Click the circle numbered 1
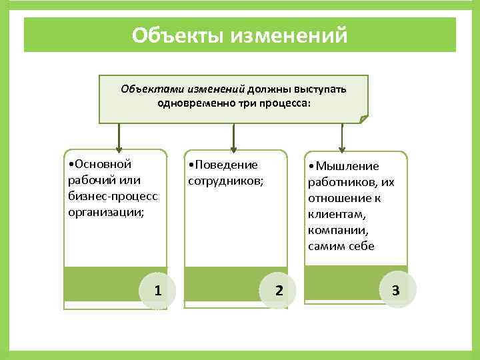pos(158,290)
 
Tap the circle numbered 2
pos(279,290)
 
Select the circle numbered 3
pos(396,290)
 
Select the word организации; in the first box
pos(106,212)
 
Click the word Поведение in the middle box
pos(225,165)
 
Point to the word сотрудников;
pos(226,181)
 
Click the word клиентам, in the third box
pos(337,214)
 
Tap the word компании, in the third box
pos(337,230)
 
